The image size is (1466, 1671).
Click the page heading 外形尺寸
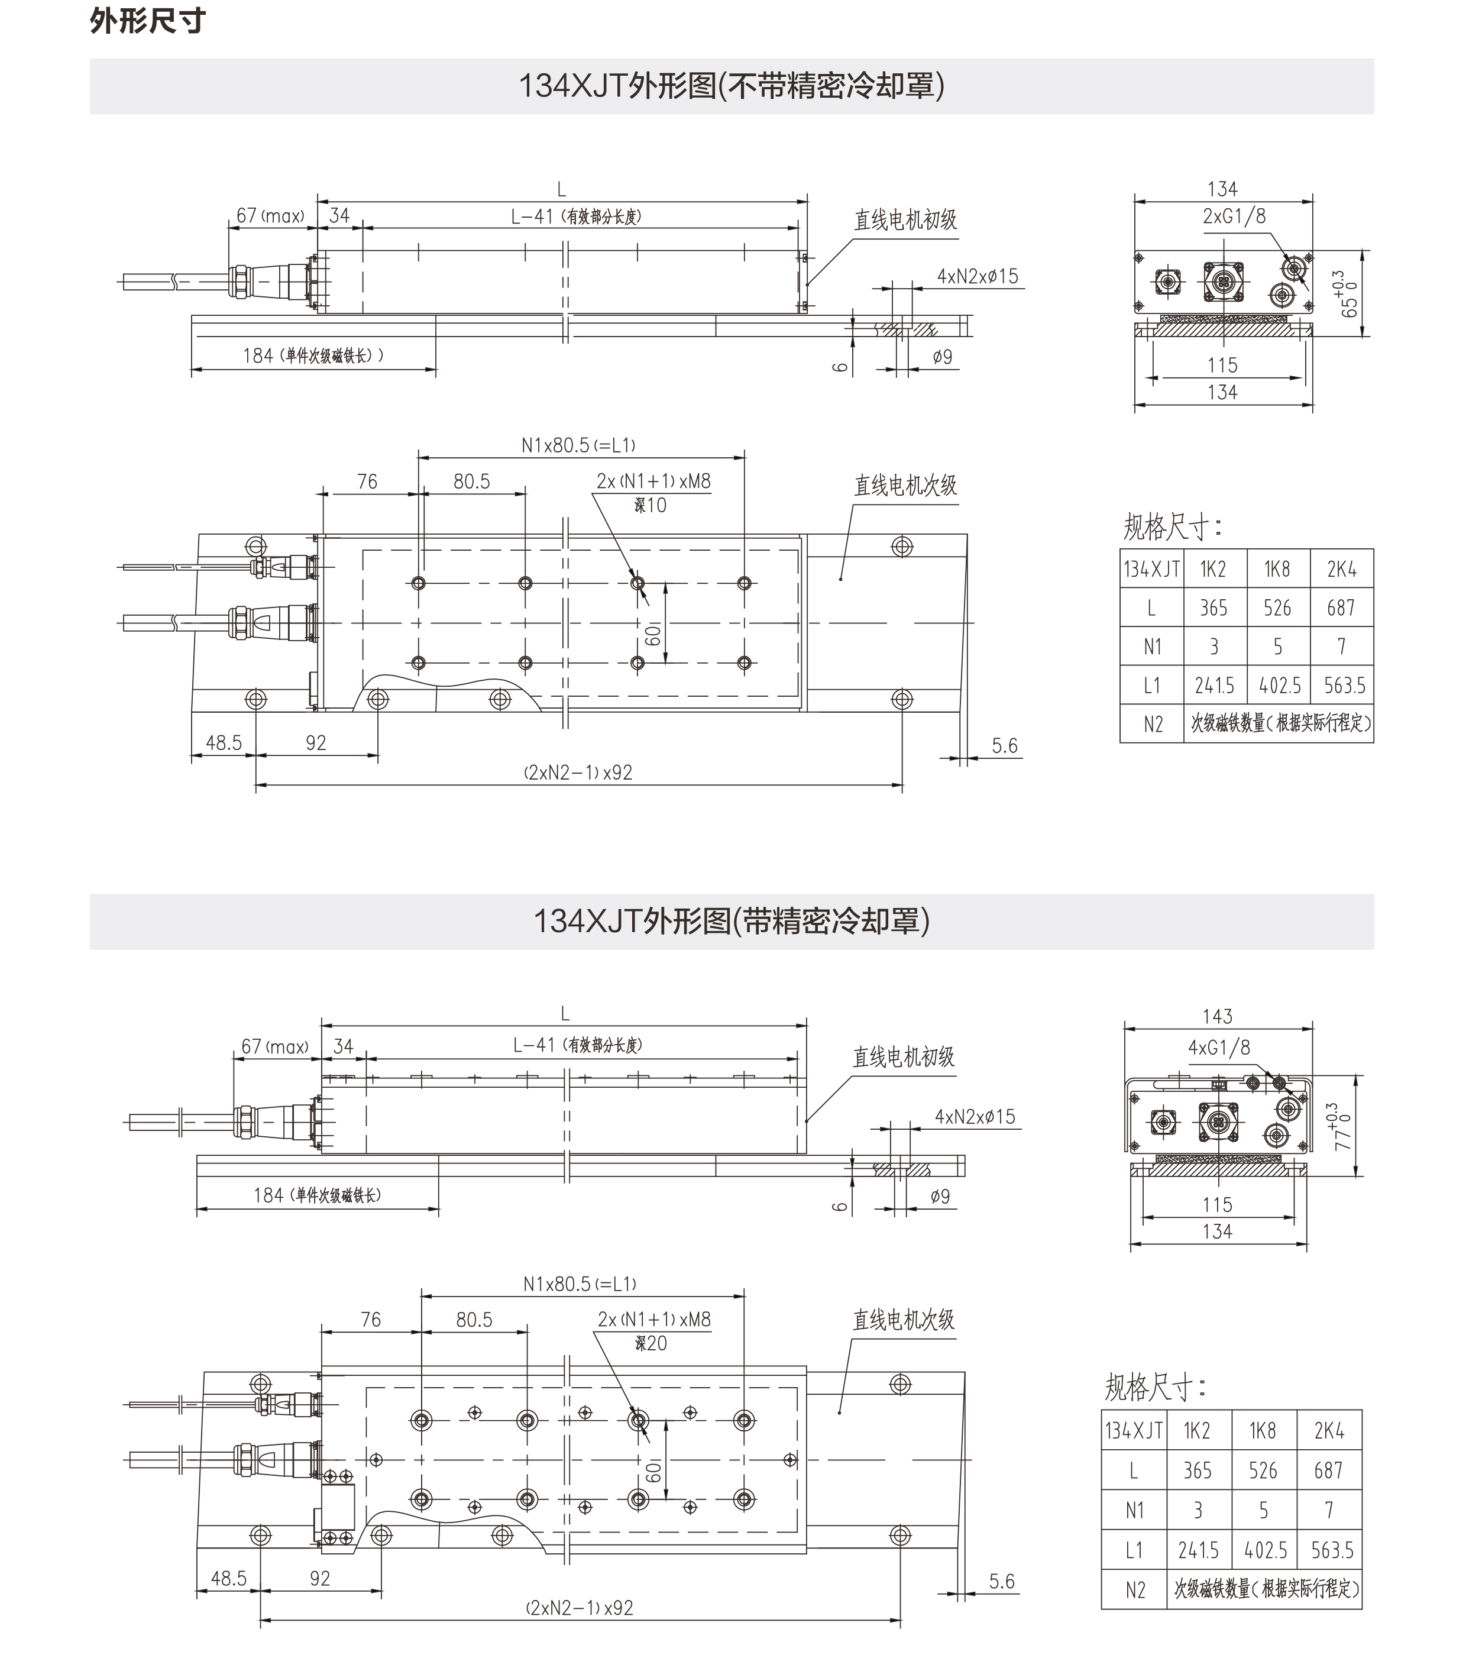click(x=147, y=21)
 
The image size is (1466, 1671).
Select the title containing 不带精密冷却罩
click(x=732, y=86)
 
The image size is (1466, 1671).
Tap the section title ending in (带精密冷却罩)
click(x=732, y=922)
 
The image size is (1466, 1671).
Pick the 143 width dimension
click(x=1217, y=1016)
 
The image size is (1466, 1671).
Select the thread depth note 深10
click(x=651, y=506)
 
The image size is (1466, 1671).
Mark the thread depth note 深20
click(x=651, y=1344)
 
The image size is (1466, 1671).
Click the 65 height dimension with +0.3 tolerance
click(x=1345, y=295)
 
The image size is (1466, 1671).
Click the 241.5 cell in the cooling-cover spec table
click(x=1198, y=1551)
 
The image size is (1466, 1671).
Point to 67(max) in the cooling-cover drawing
click(x=274, y=1047)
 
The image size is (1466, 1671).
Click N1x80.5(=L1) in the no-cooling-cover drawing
click(x=578, y=445)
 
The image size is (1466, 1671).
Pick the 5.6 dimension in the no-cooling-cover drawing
click(x=1004, y=746)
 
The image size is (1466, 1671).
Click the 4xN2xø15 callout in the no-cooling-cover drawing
click(x=978, y=276)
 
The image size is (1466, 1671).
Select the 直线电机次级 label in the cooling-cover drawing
click(x=904, y=1320)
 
